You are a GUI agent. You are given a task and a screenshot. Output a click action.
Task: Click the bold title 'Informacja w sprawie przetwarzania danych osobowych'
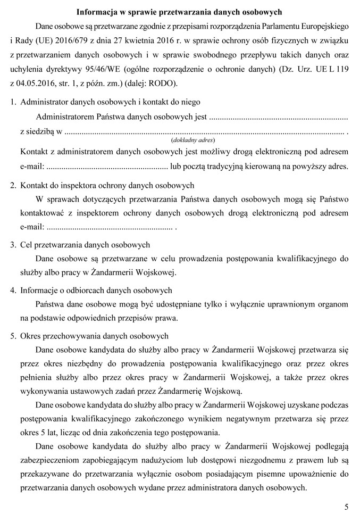click(x=180, y=11)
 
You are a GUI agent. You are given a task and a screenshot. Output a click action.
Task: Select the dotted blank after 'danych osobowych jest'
click(x=278, y=116)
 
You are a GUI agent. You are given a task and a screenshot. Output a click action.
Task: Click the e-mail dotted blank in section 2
click(x=109, y=228)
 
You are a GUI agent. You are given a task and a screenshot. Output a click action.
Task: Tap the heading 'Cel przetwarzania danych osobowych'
click(x=85, y=245)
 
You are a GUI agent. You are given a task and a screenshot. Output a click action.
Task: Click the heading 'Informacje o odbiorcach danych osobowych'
click(x=96, y=291)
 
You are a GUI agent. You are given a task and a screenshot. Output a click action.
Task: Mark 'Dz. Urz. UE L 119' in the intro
click(x=315, y=69)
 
